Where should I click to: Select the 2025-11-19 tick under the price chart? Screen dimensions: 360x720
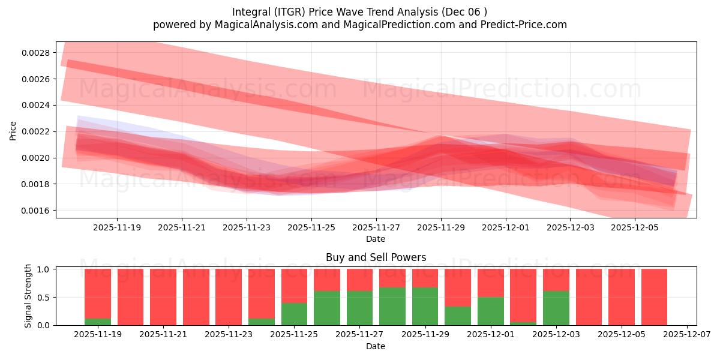pyautogui.click(x=117, y=227)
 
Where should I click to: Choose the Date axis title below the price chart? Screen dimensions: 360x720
pyautogui.click(x=376, y=239)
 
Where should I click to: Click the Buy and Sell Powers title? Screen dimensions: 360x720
pyautogui.click(x=376, y=257)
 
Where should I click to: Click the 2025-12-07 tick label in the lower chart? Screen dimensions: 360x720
pyautogui.click(x=686, y=334)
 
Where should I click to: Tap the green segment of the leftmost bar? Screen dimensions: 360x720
pyautogui.click(x=98, y=322)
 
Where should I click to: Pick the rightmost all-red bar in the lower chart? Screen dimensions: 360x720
pyautogui.click(x=654, y=297)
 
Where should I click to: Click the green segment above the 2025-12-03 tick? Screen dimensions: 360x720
pyautogui.click(x=556, y=308)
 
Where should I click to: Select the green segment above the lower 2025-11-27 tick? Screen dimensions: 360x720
pyautogui.click(x=360, y=308)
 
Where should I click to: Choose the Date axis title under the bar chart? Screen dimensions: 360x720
pyautogui.click(x=376, y=346)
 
